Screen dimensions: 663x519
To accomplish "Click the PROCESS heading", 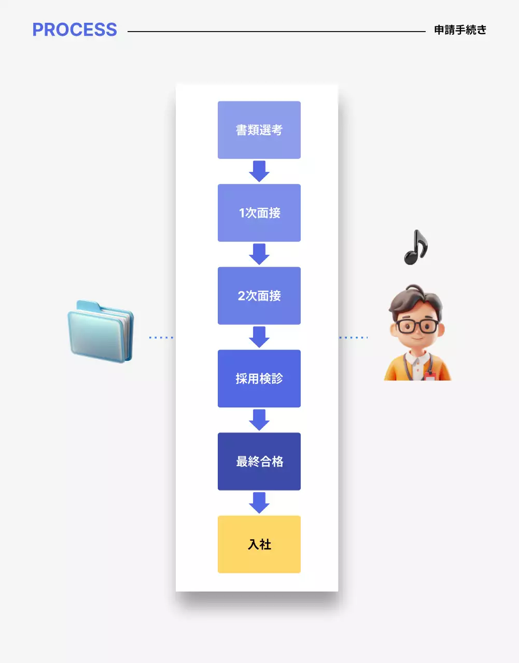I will coord(75,30).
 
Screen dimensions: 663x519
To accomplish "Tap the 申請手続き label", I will coord(460,30).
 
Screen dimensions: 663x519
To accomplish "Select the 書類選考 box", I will coord(259,130).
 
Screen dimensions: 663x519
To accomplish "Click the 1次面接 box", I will coord(259,213).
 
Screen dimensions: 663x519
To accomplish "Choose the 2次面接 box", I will coord(259,296).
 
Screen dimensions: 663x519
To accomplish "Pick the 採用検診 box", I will coord(259,379).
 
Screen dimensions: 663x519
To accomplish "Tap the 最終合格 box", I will coord(259,462).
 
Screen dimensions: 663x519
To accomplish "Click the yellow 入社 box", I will coord(259,544).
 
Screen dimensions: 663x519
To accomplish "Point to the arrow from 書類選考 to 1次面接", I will coord(259,171).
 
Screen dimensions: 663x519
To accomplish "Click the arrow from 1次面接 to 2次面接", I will coord(259,254).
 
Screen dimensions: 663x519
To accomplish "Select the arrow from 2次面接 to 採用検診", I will coord(259,337).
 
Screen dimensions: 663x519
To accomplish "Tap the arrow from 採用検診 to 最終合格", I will coord(259,420).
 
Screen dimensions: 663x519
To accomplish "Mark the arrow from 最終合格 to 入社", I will coord(259,502).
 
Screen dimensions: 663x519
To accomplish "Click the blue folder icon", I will coord(101,331).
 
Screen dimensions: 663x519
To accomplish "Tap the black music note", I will coord(415,248).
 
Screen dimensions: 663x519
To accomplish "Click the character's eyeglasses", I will coord(417,326).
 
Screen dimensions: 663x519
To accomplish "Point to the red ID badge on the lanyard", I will coord(429,376).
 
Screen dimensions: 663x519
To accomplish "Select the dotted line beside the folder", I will coord(161,338).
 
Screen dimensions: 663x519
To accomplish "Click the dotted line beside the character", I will coord(354,338).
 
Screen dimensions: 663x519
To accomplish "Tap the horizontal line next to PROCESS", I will coord(276,32).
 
